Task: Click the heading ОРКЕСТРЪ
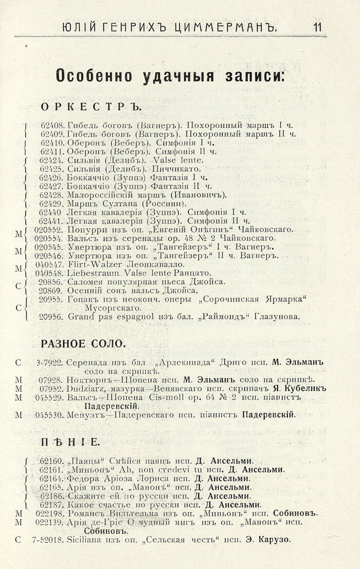[90, 107]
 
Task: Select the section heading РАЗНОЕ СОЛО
[83, 343]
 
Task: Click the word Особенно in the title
[97, 77]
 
